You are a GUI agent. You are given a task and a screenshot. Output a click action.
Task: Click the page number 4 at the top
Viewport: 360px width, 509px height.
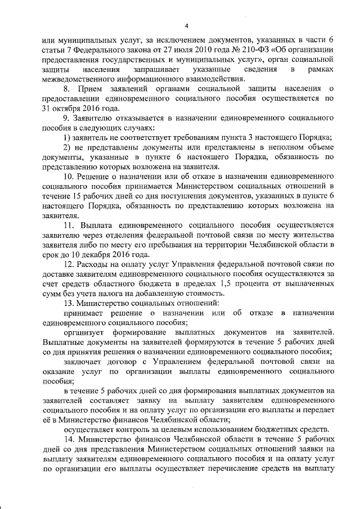tap(185, 25)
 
